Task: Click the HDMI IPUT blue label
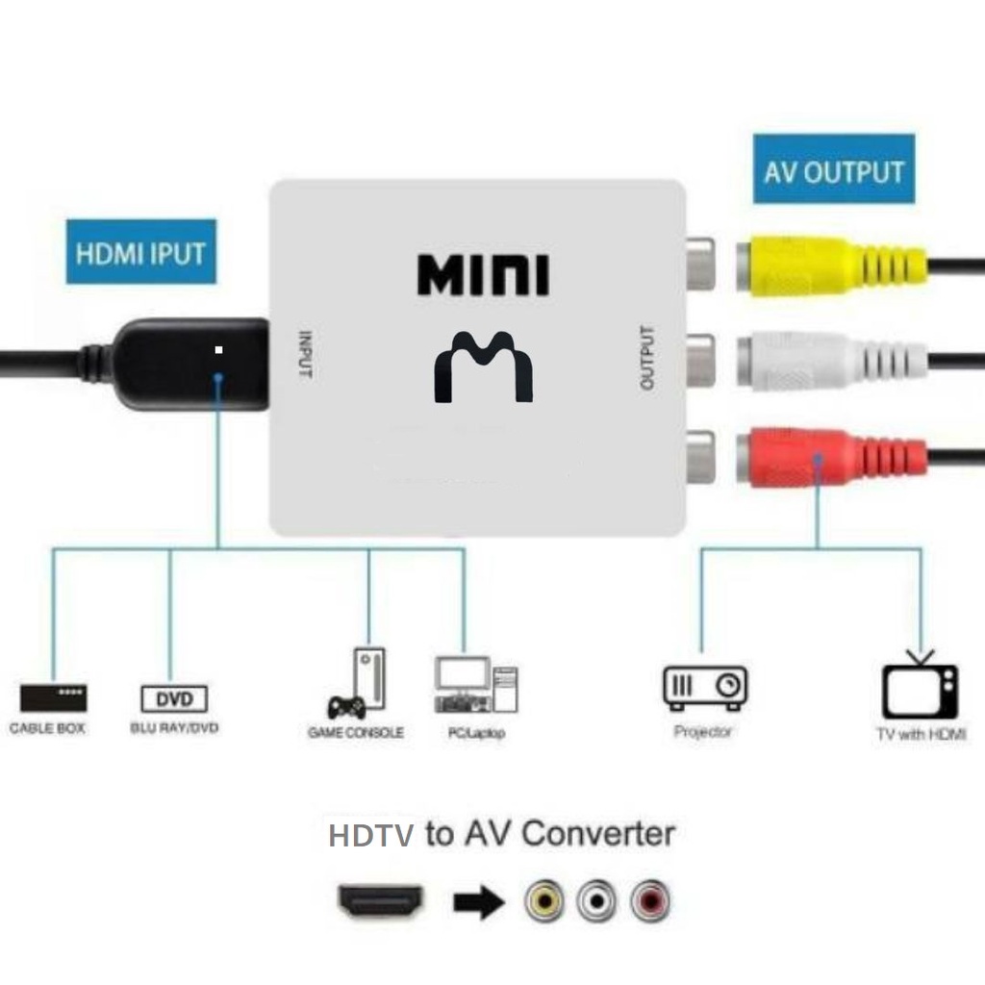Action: coord(140,253)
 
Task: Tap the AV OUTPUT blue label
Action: coord(833,170)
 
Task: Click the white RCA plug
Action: coord(827,362)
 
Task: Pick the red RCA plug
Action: coord(827,455)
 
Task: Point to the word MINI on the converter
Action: coord(483,275)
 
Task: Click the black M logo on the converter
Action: coord(483,366)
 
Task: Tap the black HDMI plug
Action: coord(192,364)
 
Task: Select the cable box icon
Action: coord(53,696)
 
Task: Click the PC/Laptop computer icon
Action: coord(475,685)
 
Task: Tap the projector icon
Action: coord(705,688)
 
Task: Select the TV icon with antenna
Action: coord(920,686)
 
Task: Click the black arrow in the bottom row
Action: coord(478,902)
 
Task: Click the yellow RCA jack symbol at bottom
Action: coord(544,901)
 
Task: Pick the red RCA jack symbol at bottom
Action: coord(650,901)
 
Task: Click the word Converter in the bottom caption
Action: coord(597,833)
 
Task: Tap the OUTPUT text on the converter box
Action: coord(646,359)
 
